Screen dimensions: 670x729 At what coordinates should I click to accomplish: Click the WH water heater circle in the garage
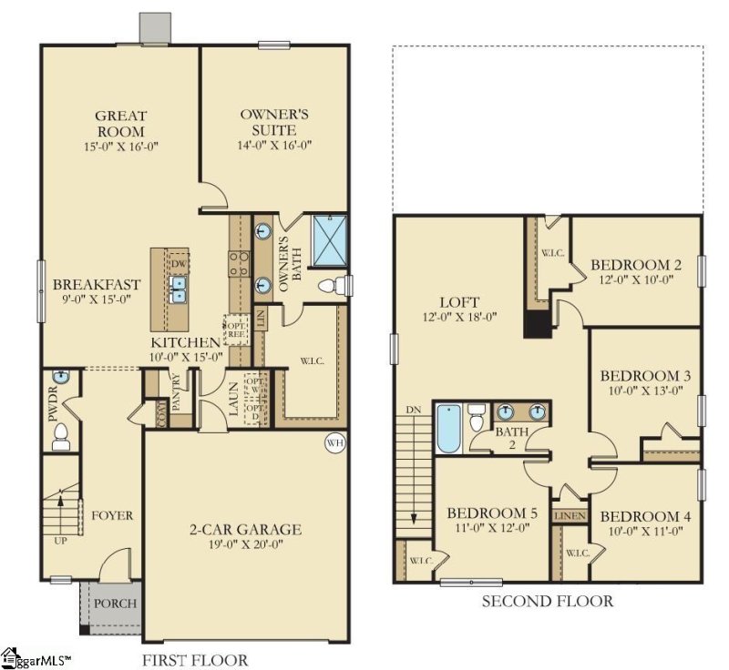[x=334, y=443]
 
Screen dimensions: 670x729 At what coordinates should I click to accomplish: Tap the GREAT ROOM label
[x=121, y=123]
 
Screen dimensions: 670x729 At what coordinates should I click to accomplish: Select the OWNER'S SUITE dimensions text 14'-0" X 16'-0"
[x=274, y=145]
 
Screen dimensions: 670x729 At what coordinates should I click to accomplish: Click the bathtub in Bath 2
[x=448, y=429]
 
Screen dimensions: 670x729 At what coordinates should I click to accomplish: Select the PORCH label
[x=115, y=604]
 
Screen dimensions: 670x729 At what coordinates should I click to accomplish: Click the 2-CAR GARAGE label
[x=245, y=530]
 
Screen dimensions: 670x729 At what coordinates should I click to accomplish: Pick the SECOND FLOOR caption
[x=547, y=601]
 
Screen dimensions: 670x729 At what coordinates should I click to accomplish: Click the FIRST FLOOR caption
[x=195, y=660]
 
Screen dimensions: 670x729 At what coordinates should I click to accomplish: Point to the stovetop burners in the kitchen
[x=240, y=264]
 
